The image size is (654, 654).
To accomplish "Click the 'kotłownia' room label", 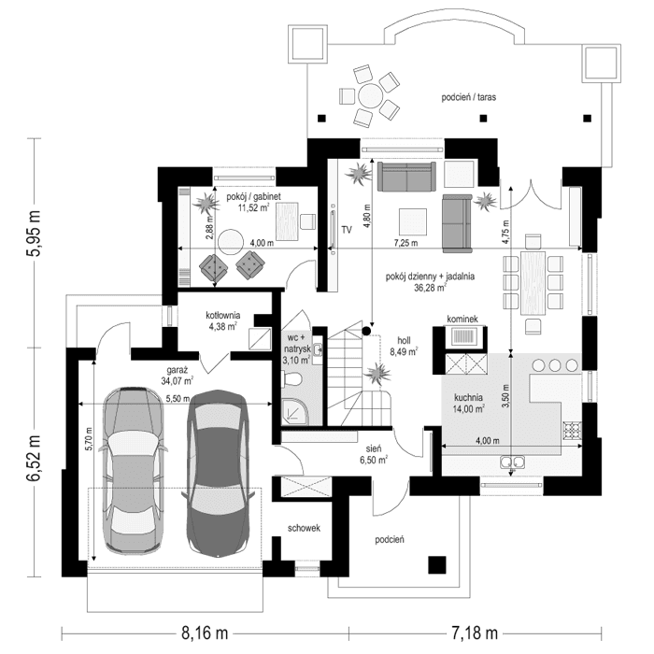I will (224, 315).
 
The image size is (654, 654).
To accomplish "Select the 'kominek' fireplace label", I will (462, 320).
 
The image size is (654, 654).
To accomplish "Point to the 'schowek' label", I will (304, 528).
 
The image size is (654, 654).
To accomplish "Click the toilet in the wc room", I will (291, 378).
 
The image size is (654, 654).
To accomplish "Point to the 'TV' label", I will (346, 229).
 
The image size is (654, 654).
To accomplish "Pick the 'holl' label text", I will (404, 340).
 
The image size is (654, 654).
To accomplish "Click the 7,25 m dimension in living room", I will (406, 243).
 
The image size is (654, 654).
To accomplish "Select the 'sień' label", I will (372, 448).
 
